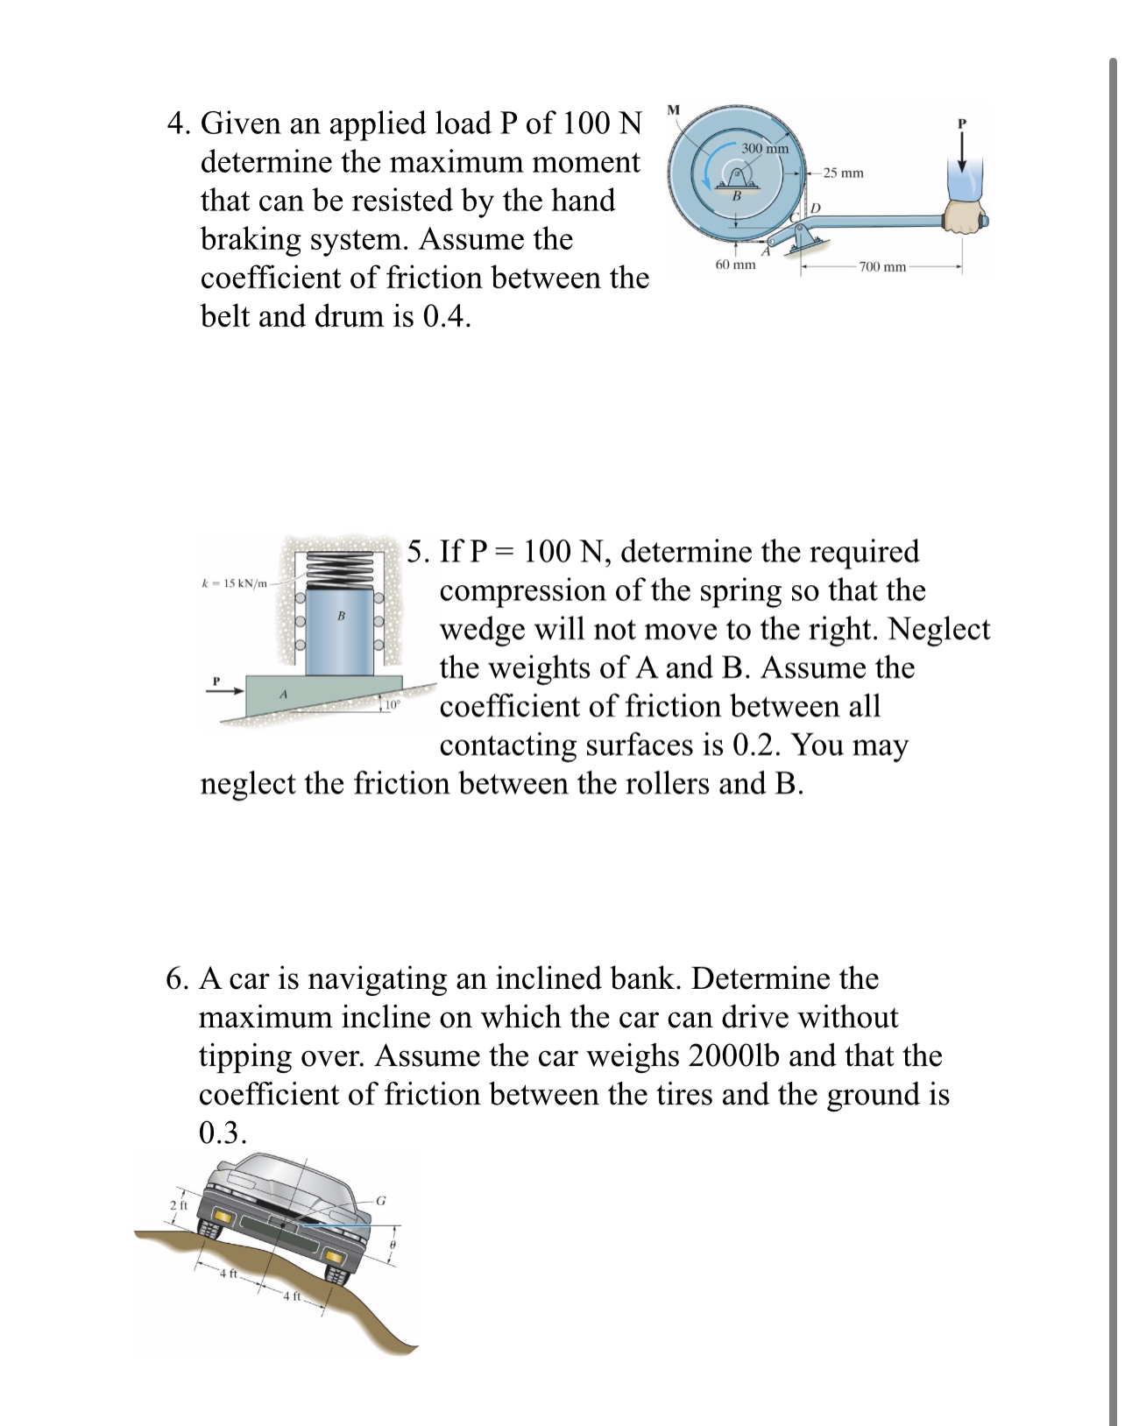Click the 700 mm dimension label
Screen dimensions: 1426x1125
(x=881, y=266)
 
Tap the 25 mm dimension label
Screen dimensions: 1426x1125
(x=843, y=173)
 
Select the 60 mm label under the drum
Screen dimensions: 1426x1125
(x=735, y=265)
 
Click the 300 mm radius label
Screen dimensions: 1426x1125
(x=764, y=148)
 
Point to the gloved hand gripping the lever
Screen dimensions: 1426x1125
(x=965, y=215)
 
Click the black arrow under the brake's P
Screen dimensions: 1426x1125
(x=961, y=157)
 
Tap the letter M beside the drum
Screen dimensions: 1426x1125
(x=673, y=110)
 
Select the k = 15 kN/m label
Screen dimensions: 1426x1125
(x=234, y=583)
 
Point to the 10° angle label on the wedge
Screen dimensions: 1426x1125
(x=392, y=703)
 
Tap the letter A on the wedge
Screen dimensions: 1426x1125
(x=283, y=694)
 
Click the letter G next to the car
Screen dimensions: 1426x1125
(x=380, y=1201)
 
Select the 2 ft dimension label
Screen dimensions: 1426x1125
(x=178, y=1205)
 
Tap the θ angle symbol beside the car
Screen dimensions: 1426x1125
(x=393, y=1244)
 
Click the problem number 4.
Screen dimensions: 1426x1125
(x=178, y=124)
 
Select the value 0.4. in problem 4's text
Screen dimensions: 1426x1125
(x=446, y=316)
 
